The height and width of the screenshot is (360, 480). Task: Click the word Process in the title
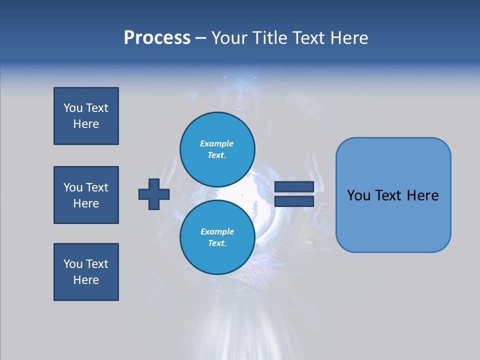(157, 38)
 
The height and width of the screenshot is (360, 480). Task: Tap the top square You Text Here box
(86, 116)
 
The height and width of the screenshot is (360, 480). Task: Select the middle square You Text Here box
(86, 195)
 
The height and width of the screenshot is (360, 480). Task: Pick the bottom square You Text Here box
(86, 272)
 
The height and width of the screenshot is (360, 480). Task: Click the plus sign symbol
(154, 194)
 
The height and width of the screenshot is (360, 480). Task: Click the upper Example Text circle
(217, 149)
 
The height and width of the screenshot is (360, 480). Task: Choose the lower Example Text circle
(217, 237)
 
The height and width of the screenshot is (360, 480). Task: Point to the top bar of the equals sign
(294, 186)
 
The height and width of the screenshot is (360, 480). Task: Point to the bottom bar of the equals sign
(294, 201)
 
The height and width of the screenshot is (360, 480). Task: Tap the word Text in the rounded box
(389, 195)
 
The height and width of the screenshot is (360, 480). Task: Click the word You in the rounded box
(358, 195)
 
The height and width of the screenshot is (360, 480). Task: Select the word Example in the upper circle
(217, 143)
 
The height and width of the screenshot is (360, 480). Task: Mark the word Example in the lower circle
(217, 231)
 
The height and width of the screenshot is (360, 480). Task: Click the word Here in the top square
(86, 124)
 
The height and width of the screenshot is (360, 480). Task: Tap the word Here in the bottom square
(86, 280)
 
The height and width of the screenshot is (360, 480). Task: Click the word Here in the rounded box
(423, 195)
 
